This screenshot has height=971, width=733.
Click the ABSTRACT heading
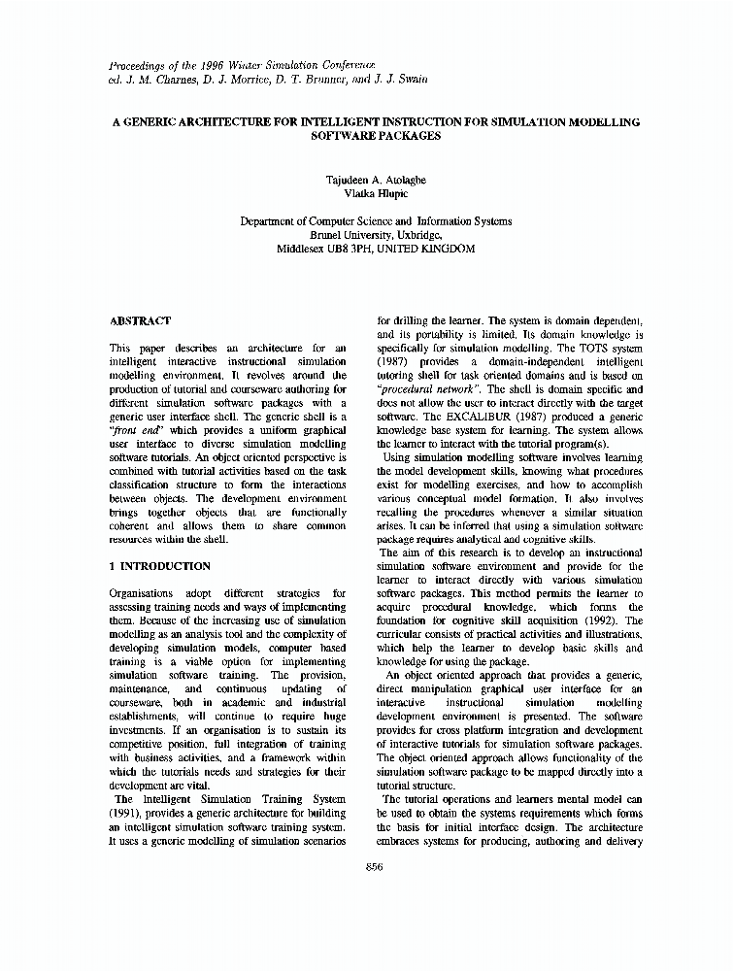tap(140, 320)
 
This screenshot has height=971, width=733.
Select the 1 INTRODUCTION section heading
tap(159, 566)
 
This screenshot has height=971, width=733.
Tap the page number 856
tap(375, 867)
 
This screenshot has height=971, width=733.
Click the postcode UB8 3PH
tap(349, 249)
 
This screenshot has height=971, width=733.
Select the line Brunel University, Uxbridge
tap(376, 235)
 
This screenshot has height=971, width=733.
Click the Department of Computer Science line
tap(376, 221)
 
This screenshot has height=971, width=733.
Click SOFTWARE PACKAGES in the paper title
tap(376, 137)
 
